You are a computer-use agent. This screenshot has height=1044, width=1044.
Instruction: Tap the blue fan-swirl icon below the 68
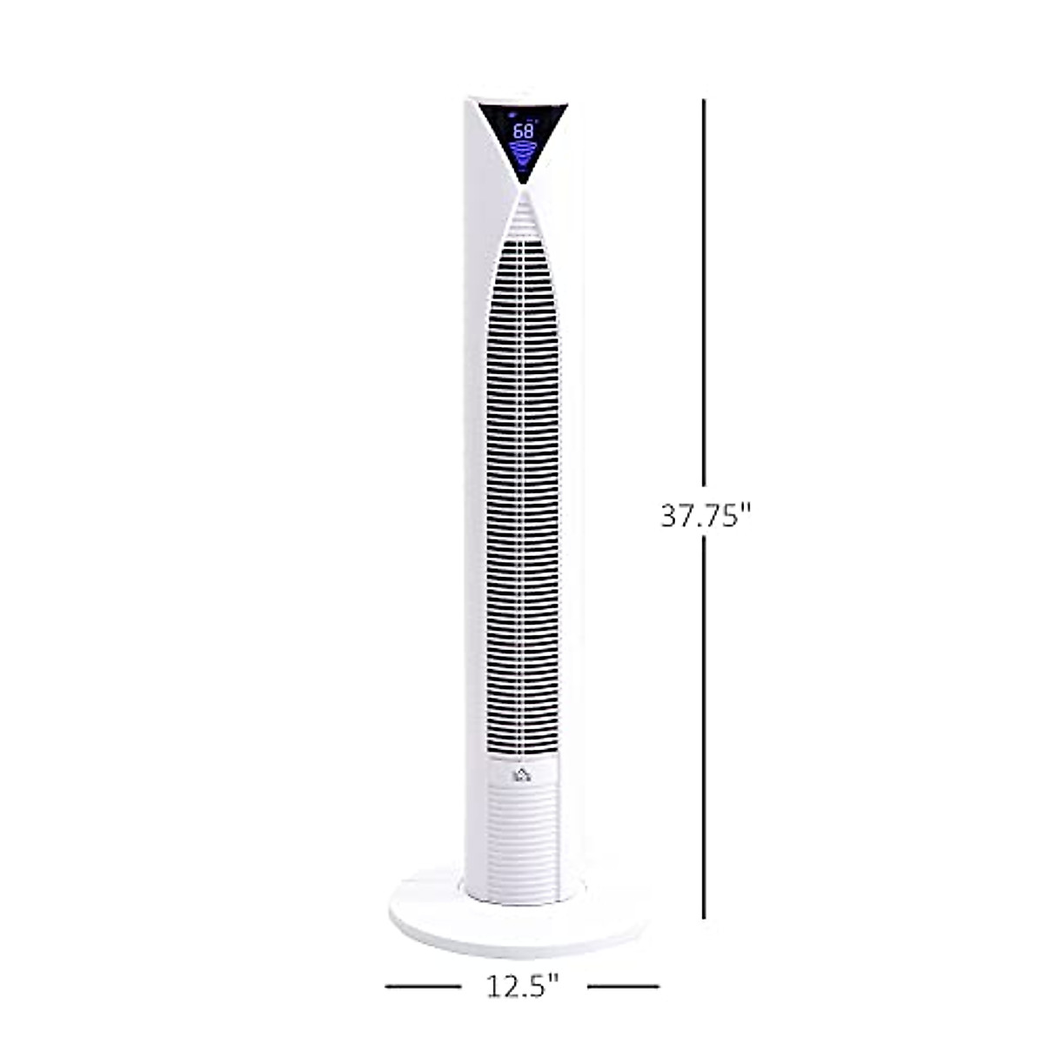(523, 156)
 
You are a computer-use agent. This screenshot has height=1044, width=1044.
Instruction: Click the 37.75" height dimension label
(705, 516)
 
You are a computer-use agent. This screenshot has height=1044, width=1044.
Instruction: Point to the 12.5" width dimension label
(522, 987)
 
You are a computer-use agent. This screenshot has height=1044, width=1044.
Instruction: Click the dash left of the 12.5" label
(423, 987)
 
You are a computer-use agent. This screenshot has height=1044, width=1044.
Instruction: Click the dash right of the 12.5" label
(623, 987)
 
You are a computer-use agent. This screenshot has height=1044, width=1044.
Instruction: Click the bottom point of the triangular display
(523, 183)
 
